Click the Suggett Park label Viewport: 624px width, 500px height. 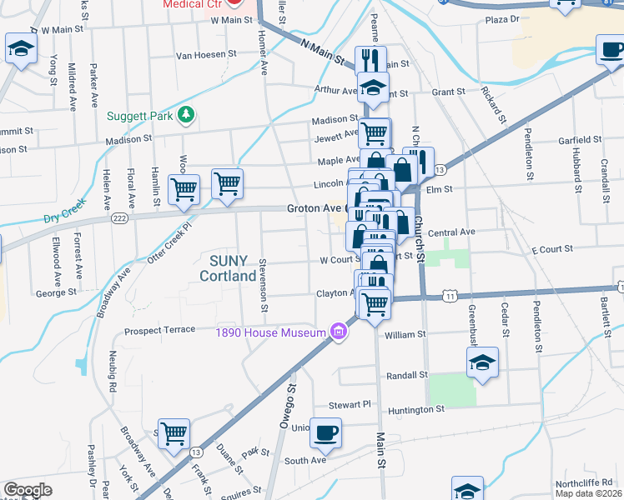(x=139, y=116)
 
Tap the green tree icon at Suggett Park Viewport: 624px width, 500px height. (x=188, y=115)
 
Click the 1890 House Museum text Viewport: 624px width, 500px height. (x=269, y=333)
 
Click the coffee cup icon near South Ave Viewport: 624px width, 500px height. (x=326, y=433)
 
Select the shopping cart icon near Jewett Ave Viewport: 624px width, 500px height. (x=375, y=131)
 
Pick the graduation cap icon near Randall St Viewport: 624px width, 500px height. (x=482, y=362)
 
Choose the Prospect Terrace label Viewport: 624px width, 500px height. (x=159, y=331)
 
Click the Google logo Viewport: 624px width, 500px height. (x=28, y=490)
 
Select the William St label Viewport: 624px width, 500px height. (x=405, y=334)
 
